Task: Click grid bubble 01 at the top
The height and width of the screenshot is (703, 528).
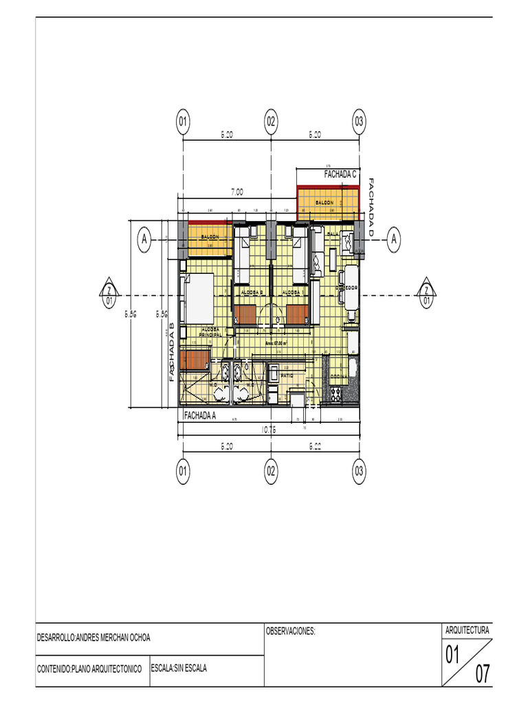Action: click(183, 122)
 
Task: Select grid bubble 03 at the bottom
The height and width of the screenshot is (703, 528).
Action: click(359, 471)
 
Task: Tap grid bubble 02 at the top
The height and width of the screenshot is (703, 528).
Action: click(271, 122)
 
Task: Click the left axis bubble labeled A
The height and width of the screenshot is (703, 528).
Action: click(144, 240)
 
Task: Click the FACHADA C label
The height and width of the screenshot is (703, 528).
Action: click(340, 175)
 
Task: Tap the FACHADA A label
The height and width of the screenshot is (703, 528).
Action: click(200, 415)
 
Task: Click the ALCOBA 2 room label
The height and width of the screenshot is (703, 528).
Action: click(253, 292)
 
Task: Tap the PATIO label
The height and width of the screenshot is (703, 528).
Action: click(287, 376)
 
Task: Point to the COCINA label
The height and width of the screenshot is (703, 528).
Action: click(339, 377)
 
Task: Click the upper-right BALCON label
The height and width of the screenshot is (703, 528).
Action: click(324, 203)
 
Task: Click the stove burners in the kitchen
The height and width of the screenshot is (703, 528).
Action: click(336, 394)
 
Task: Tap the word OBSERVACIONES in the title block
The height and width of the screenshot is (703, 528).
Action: click(290, 630)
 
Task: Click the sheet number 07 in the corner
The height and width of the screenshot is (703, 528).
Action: click(483, 674)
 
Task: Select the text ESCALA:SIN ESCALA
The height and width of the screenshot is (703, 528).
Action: click(178, 667)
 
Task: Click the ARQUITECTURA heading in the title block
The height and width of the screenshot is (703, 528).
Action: click(467, 630)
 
